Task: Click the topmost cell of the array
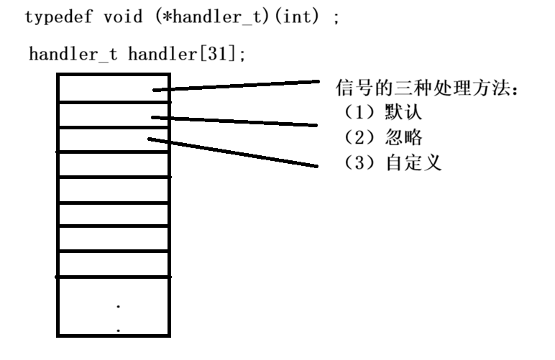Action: tap(114, 87)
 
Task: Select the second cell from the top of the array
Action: tap(114, 114)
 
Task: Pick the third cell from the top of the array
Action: tap(114, 139)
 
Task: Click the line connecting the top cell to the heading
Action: tap(237, 86)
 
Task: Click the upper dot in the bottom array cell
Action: tap(118, 306)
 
